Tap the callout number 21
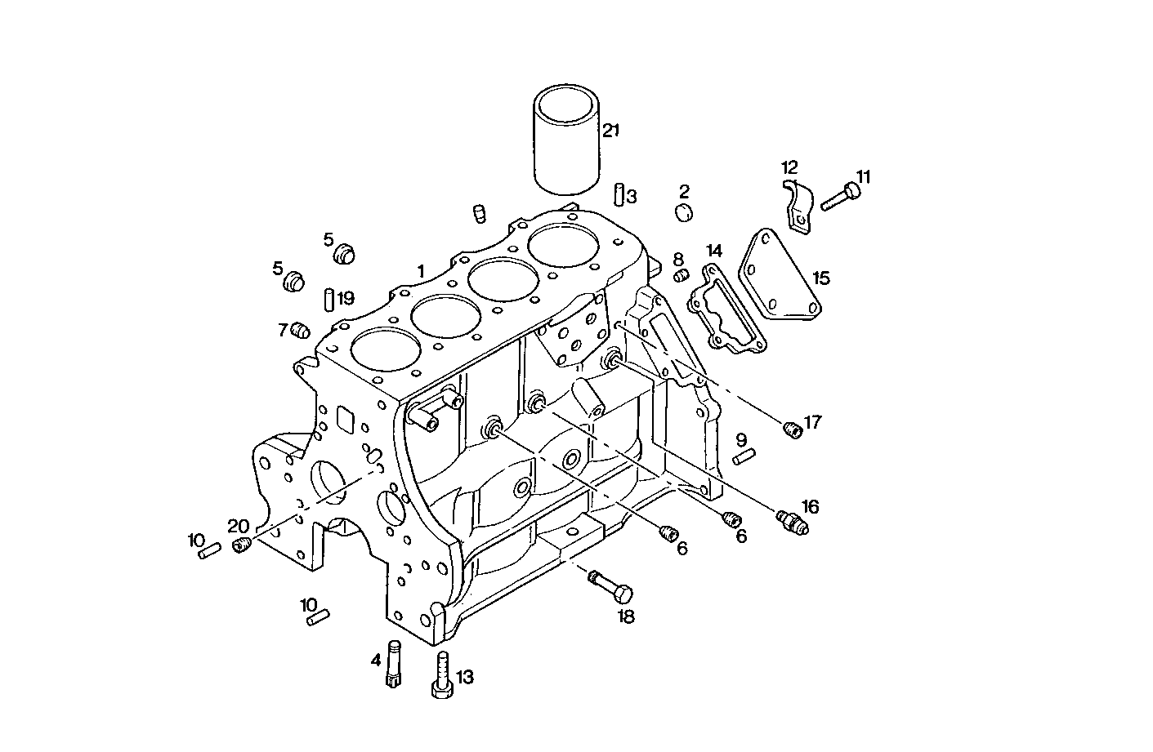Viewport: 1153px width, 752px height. tap(612, 130)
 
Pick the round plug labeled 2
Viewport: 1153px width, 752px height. tap(684, 212)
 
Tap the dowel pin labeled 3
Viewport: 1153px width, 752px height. tap(620, 194)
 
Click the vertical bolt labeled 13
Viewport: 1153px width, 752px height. tap(441, 674)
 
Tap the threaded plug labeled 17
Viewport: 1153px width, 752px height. tap(791, 429)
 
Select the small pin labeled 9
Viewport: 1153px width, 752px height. tap(743, 458)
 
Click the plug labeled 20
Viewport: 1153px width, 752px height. tap(241, 545)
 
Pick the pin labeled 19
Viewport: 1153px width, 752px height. tap(328, 298)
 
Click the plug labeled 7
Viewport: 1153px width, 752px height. tap(301, 331)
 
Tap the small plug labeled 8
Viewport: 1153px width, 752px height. tap(680, 278)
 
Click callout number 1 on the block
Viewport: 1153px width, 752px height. tap(421, 271)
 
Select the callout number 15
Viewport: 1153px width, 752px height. tap(821, 278)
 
